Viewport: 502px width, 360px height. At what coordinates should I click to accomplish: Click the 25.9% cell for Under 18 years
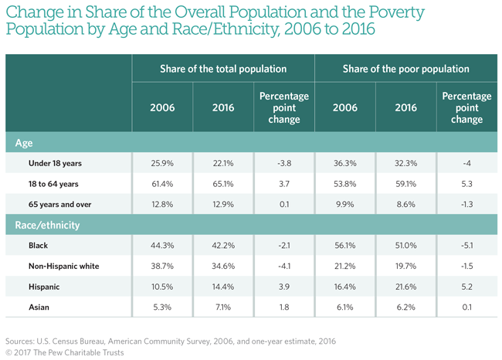(162, 164)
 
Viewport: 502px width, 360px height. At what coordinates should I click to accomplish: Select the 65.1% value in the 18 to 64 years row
(223, 185)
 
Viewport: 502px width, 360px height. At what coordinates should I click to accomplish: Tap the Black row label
(38, 246)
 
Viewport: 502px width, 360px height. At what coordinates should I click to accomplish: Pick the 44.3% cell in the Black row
(162, 246)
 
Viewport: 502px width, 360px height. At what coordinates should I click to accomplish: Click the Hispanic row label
(43, 286)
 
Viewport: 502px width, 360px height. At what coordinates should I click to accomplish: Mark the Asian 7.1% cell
(223, 307)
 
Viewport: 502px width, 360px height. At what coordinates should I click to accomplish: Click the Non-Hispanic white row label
(63, 266)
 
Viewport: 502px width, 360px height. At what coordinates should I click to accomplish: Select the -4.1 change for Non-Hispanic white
(284, 266)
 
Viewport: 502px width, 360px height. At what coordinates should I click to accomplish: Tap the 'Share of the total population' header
(223, 69)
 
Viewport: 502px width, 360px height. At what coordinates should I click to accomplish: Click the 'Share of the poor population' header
(406, 69)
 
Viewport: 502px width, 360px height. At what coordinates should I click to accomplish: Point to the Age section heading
(25, 143)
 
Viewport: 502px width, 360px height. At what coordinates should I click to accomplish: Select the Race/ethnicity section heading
(48, 225)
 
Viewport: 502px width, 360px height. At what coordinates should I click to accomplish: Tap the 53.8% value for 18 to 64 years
(345, 185)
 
